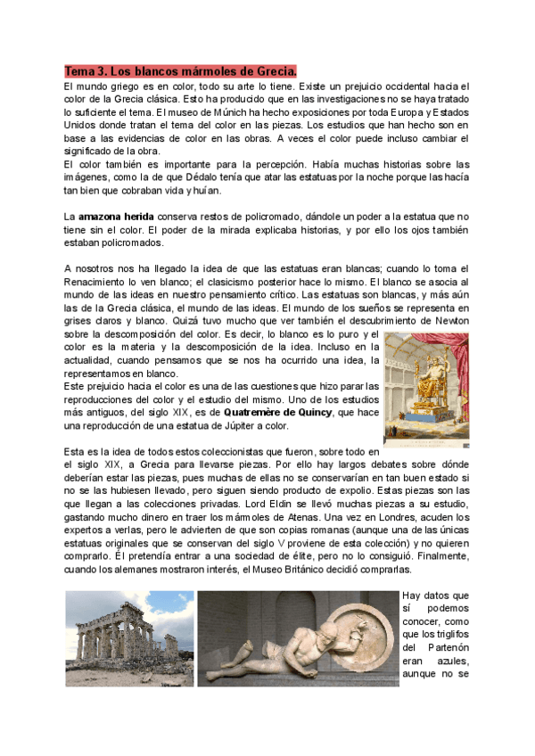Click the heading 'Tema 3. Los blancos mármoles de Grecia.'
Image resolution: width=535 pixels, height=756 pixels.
click(x=180, y=70)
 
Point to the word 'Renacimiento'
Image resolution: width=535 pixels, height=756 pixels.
click(x=102, y=282)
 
